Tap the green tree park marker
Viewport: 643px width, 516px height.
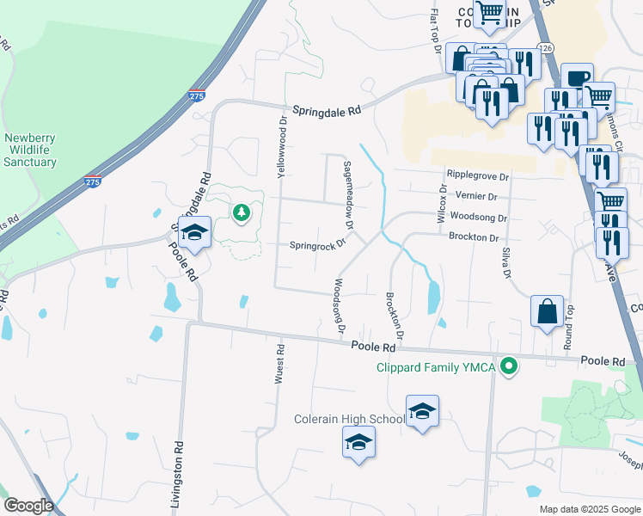242,211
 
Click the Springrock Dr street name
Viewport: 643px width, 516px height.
316,243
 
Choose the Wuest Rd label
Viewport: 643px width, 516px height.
279,364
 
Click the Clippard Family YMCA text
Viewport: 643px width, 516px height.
437,368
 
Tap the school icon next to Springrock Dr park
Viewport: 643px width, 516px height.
195,232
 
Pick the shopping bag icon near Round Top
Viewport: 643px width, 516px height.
548,311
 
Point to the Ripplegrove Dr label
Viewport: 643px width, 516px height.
478,176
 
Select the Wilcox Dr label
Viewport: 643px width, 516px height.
443,204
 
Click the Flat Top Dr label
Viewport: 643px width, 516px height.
435,30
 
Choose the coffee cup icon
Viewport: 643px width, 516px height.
577,77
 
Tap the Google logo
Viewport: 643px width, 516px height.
28,506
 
